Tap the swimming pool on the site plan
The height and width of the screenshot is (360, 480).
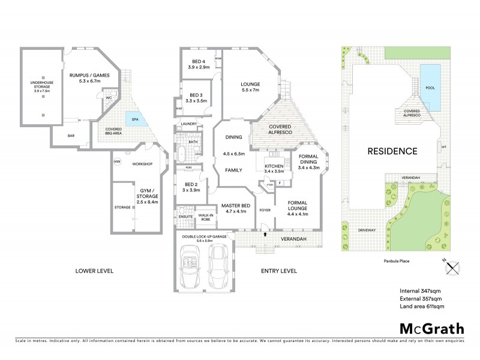coord(430,88)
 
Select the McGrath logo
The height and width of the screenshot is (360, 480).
coord(432,328)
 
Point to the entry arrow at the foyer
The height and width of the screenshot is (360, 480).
coord(265,233)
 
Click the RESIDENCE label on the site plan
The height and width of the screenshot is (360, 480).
coord(392,151)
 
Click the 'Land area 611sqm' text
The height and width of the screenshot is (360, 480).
coord(421,307)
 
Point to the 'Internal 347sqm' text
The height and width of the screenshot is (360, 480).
coord(421,290)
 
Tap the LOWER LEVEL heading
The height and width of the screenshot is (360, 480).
coord(94,271)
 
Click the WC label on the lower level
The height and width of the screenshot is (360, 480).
coord(109,98)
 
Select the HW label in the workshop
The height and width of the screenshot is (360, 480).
coord(116,161)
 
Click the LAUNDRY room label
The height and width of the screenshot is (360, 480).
coord(188,125)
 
